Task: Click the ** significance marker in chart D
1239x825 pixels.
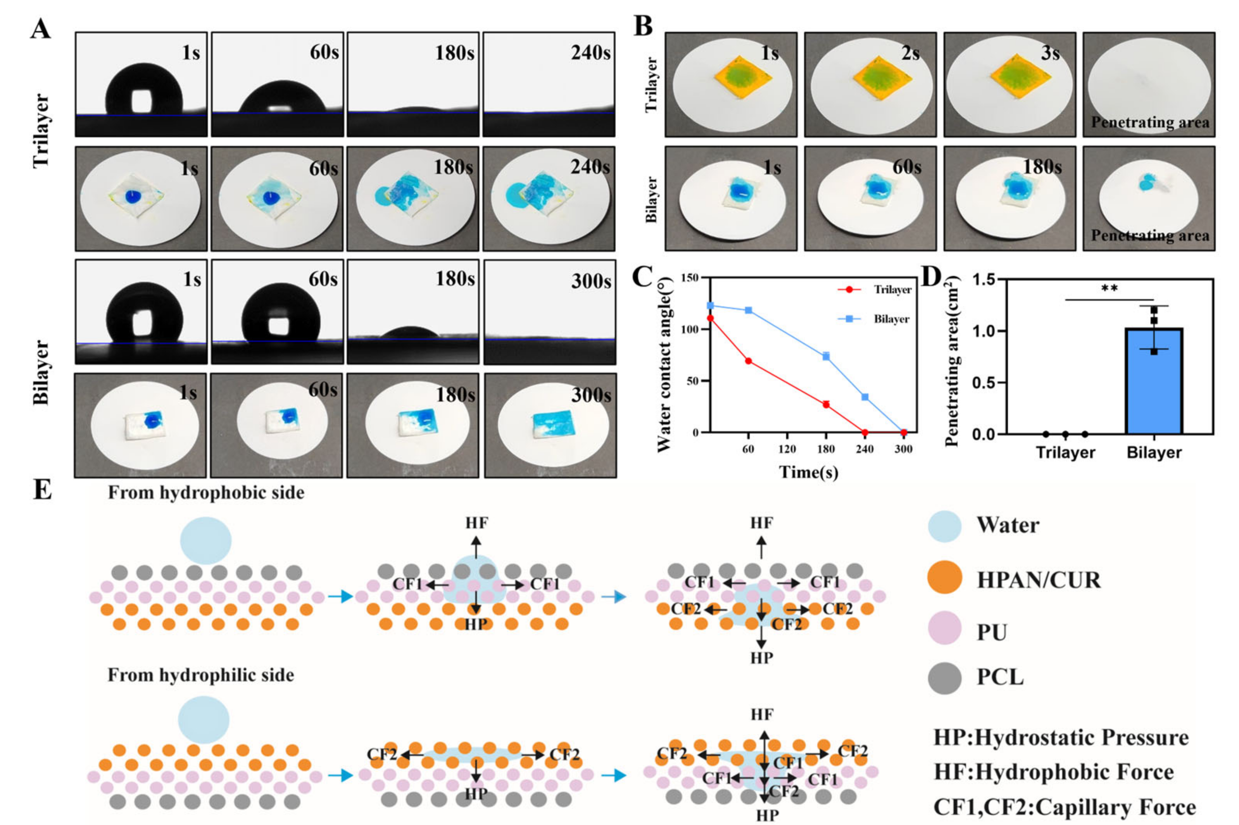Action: (1109, 289)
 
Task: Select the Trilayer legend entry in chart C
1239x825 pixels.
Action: (892, 289)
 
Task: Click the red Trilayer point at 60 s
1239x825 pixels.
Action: (748, 361)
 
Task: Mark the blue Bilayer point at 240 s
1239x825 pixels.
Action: (865, 397)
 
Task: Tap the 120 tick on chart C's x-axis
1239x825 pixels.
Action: (787, 449)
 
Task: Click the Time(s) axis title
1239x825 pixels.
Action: (808, 472)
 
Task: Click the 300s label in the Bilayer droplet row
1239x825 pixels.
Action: (591, 281)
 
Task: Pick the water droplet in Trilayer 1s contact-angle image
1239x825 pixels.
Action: (144, 90)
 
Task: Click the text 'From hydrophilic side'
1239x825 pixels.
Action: (200, 675)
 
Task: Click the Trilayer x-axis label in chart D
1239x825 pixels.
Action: (1065, 452)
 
